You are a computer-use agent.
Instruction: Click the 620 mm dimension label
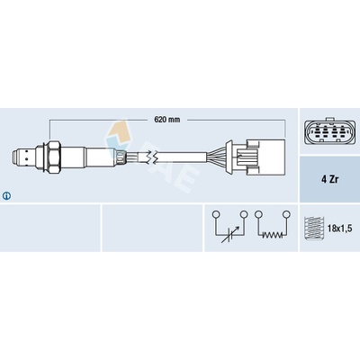(167, 120)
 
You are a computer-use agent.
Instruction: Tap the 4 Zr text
(329, 180)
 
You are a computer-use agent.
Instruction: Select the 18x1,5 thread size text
(339, 229)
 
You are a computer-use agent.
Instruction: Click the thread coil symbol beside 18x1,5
(312, 228)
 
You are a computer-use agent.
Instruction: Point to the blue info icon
(6, 196)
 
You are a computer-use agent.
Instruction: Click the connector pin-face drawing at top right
(330, 131)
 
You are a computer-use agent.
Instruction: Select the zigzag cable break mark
(150, 157)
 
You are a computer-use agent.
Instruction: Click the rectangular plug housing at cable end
(265, 157)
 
